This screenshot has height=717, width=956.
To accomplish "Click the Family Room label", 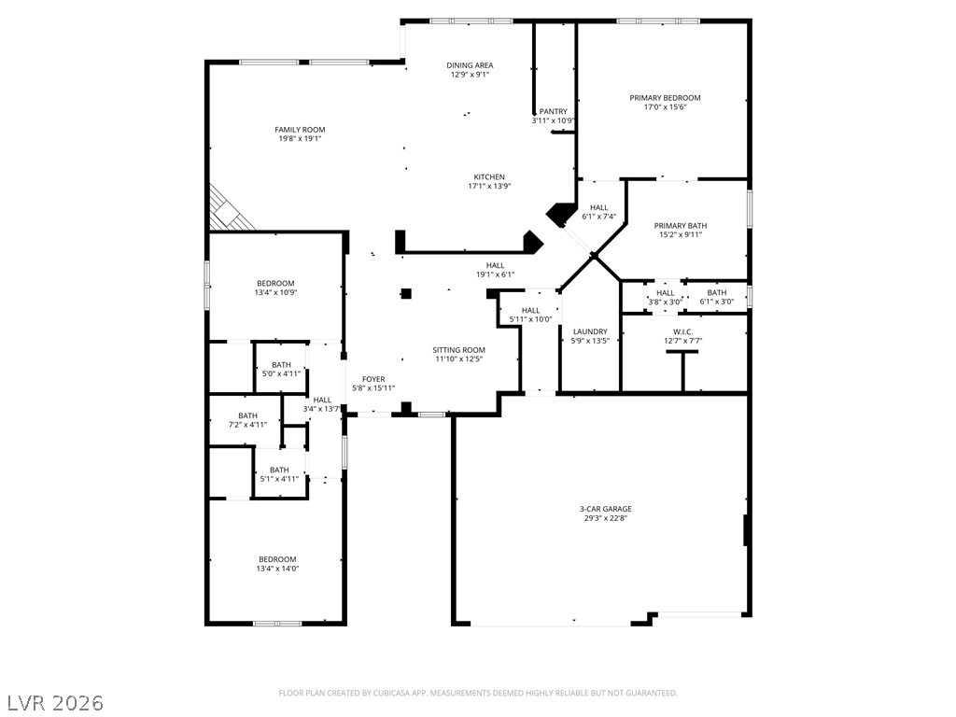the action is (x=300, y=129).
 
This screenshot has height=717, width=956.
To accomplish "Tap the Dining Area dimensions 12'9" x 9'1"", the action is (x=471, y=75).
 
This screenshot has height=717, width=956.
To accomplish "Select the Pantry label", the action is (x=553, y=112).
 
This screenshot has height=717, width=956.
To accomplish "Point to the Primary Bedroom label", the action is (x=665, y=97).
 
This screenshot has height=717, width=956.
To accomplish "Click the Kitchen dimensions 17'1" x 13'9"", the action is (x=489, y=187).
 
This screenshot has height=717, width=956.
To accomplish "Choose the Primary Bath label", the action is (x=681, y=226).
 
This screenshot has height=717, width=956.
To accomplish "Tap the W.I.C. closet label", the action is (x=682, y=331).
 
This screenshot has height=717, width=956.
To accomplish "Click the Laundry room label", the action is (x=590, y=331).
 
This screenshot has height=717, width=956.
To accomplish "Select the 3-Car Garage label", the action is (x=605, y=509).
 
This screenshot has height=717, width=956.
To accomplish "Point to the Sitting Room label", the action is (x=459, y=350).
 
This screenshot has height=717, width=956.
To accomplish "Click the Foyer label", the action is (x=373, y=379).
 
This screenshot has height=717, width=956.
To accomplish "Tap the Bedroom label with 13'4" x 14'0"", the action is (x=277, y=559).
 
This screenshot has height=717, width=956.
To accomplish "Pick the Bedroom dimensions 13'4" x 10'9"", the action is (x=275, y=292).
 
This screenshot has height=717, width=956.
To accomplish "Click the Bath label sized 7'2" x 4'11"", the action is (x=248, y=415).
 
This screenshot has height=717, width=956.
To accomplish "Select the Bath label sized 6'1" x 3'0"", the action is (x=717, y=292).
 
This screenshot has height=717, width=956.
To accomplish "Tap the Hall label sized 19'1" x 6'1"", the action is (x=495, y=265).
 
